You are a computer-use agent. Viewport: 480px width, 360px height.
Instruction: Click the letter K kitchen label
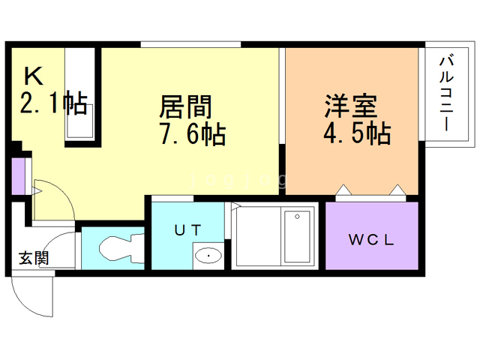point(33,76)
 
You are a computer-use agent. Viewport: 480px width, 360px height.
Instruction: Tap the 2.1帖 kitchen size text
point(54,103)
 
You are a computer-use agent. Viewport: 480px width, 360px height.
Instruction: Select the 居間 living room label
point(185,106)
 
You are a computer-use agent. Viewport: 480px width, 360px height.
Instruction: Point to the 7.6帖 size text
point(193,133)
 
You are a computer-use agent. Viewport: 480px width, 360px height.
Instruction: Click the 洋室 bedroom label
point(351,106)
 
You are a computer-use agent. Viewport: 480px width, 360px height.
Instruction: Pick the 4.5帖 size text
point(357,133)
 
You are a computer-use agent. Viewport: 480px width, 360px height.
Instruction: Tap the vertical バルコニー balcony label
point(447,92)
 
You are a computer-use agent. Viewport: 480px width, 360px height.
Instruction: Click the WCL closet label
point(371,240)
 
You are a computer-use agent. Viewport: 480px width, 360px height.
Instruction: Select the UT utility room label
point(188,230)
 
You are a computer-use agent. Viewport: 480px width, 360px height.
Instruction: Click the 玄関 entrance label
point(34,258)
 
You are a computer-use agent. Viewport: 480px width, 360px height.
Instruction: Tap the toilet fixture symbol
point(121,248)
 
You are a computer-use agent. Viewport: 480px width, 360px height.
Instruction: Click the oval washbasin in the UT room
point(208,256)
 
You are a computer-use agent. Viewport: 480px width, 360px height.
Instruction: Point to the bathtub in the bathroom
point(297,236)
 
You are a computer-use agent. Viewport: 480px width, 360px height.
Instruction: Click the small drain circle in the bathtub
point(297,217)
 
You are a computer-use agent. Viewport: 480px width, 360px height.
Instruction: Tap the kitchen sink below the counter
point(80,121)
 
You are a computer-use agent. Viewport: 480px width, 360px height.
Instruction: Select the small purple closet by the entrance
point(18,176)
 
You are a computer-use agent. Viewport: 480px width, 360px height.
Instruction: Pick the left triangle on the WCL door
point(343,190)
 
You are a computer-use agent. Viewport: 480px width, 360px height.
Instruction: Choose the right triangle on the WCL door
point(397,190)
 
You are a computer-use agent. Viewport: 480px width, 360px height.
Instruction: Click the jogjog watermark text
point(239,181)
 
